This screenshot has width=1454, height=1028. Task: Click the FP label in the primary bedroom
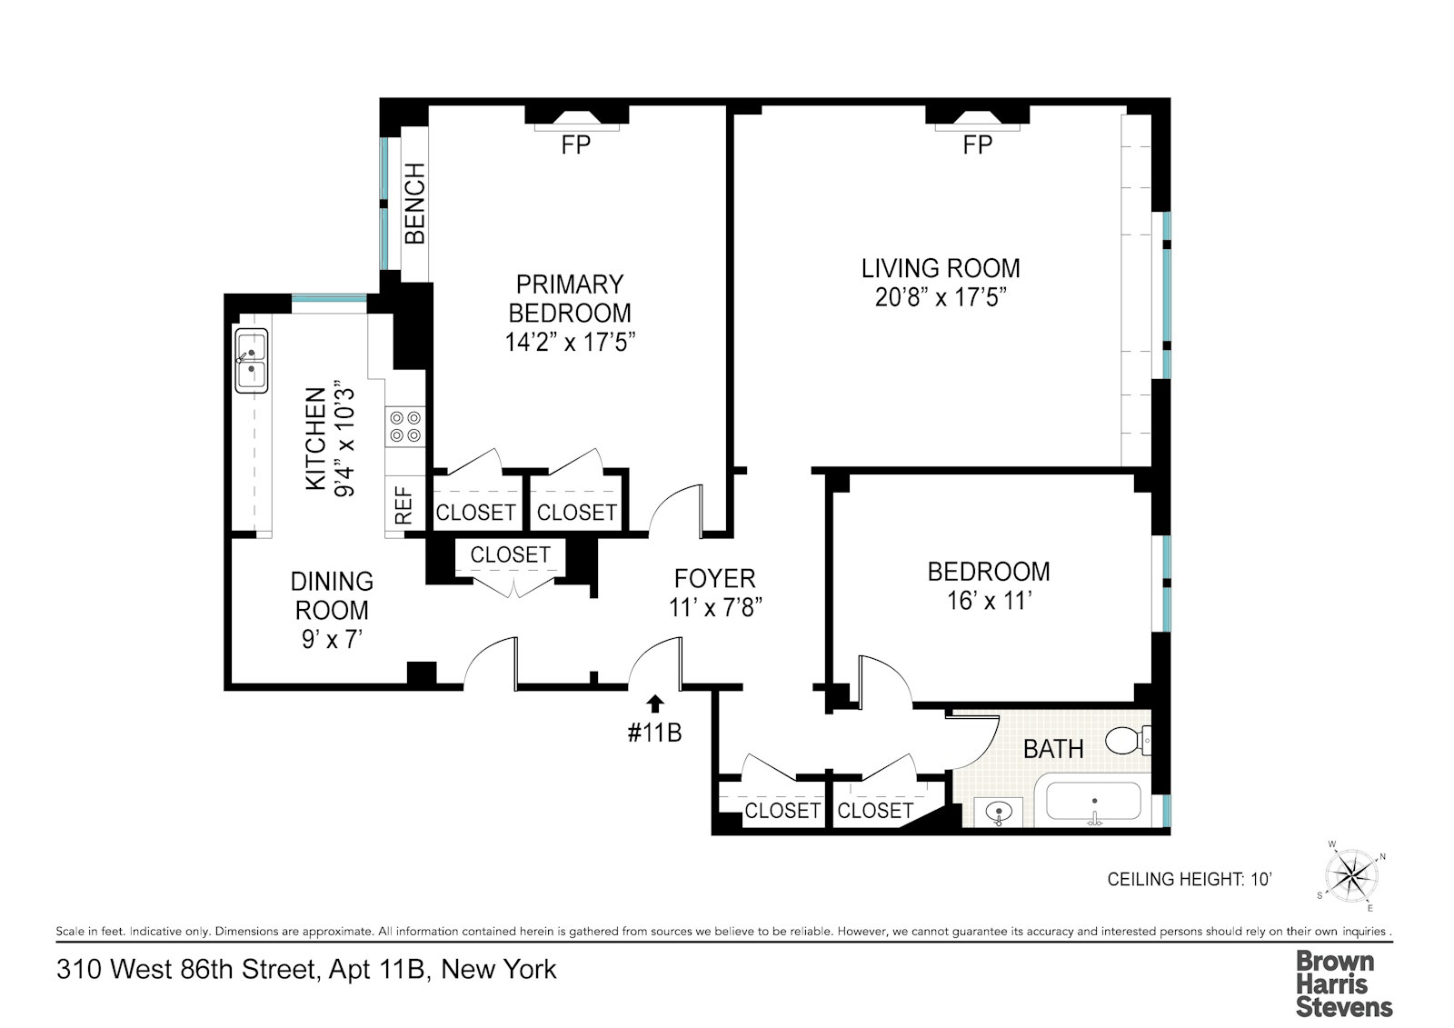point(576,145)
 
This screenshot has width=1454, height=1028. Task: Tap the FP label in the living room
point(978,145)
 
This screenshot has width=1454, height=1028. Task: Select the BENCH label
point(414,204)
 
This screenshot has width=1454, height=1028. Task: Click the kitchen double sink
point(251,361)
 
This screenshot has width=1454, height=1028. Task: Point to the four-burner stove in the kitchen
point(405,426)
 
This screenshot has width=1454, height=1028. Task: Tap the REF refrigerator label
point(403,506)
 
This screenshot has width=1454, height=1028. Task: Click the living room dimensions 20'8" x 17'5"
point(941,297)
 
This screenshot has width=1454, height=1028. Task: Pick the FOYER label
point(714,578)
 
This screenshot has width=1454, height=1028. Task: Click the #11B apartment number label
point(655,734)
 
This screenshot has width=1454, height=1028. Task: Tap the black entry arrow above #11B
point(655,704)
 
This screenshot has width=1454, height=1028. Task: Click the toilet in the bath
point(1128,740)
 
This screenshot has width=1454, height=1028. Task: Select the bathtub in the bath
point(1094,802)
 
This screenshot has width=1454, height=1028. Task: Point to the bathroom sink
point(999,812)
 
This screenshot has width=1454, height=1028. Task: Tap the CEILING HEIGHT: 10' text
point(1190,879)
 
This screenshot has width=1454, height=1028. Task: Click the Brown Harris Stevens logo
point(1344,983)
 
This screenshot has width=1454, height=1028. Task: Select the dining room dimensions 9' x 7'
point(332,640)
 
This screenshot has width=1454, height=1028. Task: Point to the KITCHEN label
point(315,439)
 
